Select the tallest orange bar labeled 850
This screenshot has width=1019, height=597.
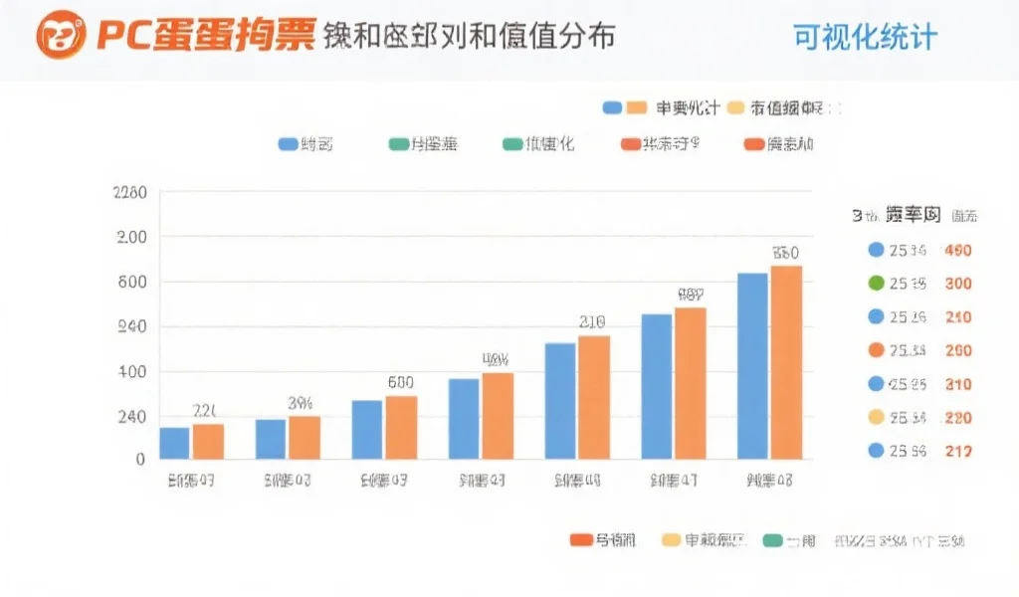[x=786, y=362]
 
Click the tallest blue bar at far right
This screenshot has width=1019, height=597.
[x=752, y=365]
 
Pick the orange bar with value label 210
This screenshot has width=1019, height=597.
[x=593, y=397]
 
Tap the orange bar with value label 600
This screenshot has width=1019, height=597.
[x=401, y=427]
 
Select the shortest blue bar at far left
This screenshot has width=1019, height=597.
[x=174, y=443]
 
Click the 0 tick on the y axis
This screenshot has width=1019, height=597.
[x=139, y=460]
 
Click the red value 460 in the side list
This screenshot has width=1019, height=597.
[x=958, y=250]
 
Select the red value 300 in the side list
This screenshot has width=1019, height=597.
[x=958, y=284]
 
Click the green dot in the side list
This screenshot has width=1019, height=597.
[x=876, y=284]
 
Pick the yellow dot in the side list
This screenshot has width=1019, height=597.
[x=876, y=417]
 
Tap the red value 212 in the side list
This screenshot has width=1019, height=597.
[x=958, y=451]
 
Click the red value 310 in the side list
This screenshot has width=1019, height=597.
[x=958, y=384]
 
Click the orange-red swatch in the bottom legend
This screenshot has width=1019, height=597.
[x=580, y=540]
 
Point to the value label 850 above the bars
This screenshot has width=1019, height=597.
[x=786, y=253]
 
